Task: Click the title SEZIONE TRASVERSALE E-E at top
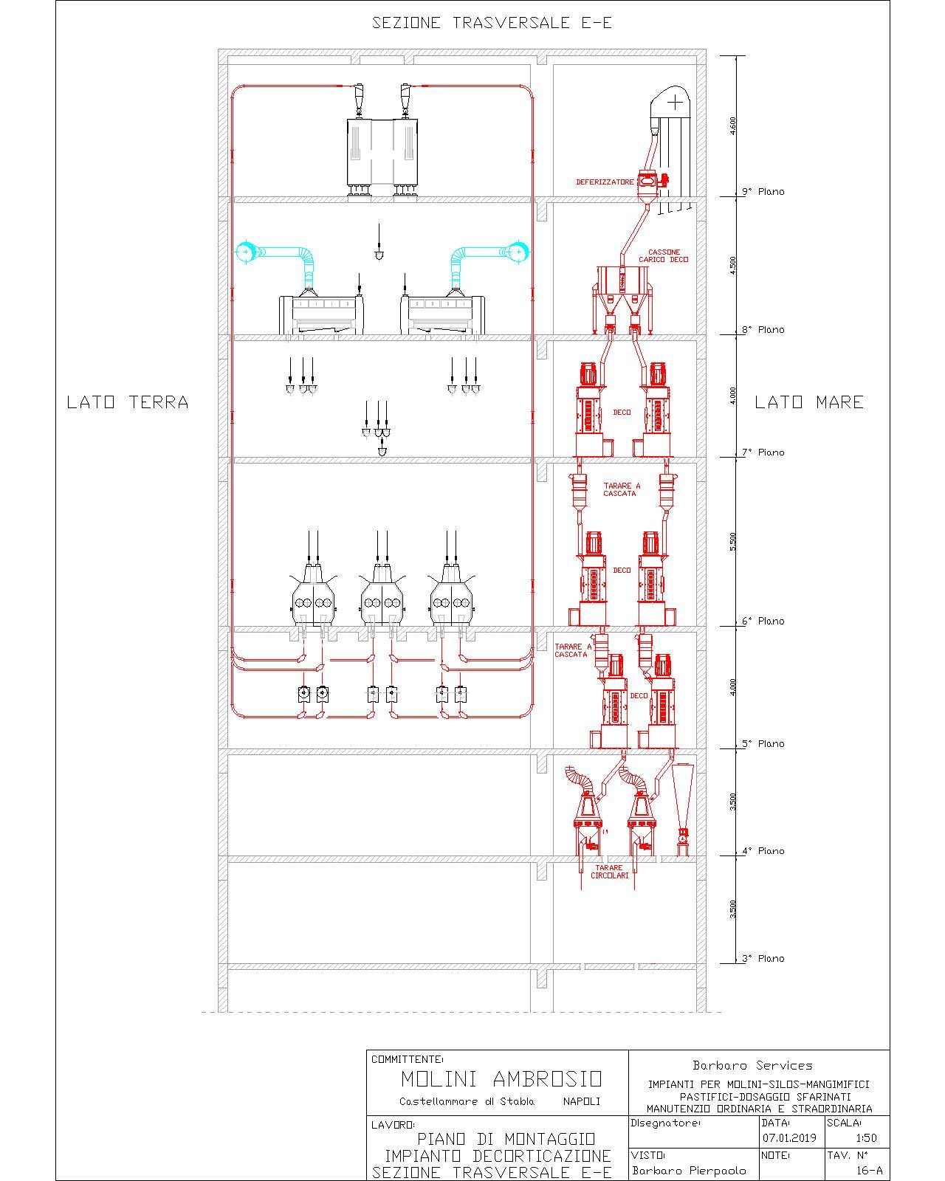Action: click(492, 23)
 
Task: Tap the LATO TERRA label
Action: click(128, 402)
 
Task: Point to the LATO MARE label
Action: click(809, 402)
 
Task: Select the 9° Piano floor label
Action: click(763, 191)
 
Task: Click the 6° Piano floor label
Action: click(763, 621)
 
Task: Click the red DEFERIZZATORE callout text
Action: click(605, 182)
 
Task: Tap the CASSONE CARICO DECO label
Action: click(663, 255)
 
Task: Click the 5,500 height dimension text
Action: click(732, 542)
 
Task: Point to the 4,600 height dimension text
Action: click(732, 126)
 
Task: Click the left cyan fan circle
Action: click(245, 252)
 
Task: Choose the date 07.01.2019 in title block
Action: click(789, 1137)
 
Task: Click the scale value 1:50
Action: click(866, 1137)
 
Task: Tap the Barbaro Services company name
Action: click(752, 1065)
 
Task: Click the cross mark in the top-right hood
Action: click(675, 103)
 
